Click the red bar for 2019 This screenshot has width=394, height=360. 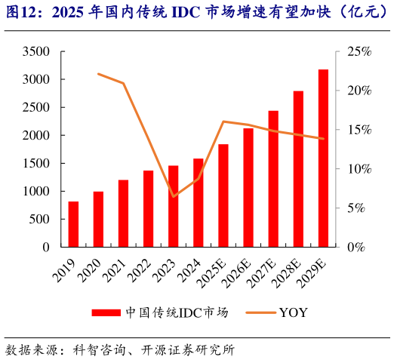(x=73, y=224)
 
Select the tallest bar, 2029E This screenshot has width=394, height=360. (x=323, y=158)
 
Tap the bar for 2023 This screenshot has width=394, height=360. (x=174, y=206)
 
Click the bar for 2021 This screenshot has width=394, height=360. (x=123, y=214)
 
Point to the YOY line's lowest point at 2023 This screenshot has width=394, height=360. (x=174, y=197)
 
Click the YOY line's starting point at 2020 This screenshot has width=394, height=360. (x=98, y=74)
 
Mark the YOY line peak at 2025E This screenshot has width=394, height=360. (x=223, y=121)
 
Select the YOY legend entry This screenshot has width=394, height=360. (x=290, y=312)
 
